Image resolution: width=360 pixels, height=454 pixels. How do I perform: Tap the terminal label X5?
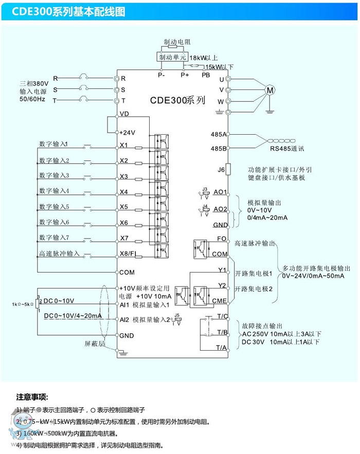tap(124, 207)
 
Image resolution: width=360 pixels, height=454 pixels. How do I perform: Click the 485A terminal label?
tap(219, 134)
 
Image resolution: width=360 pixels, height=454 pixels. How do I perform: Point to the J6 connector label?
tap(222, 169)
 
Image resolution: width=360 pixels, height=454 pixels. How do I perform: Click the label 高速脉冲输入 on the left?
tap(59, 253)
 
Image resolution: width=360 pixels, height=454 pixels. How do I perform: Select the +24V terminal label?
tap(127, 132)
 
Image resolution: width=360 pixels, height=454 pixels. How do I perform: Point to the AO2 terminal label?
tap(220, 209)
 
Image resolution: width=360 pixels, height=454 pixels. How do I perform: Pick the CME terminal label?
tap(220, 301)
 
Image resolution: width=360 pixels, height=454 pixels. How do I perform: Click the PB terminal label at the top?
tap(206, 75)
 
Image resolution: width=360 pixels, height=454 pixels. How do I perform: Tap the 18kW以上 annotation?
tap(204, 58)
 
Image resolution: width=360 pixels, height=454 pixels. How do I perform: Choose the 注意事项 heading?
tap(32, 397)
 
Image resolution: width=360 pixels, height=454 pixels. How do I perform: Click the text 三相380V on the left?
tap(34, 83)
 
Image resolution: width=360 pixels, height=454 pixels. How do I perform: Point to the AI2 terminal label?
tap(124, 320)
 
